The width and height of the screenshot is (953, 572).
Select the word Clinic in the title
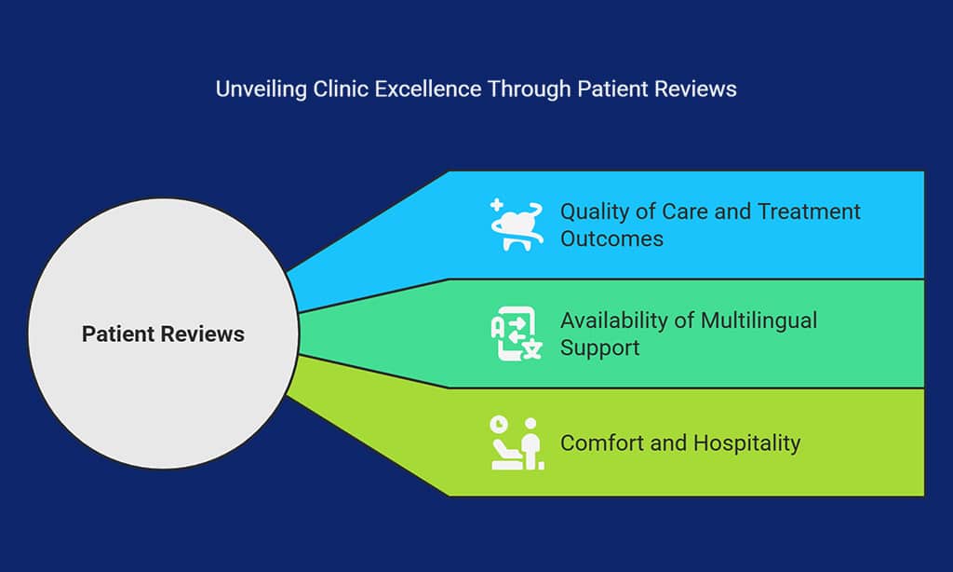pos(342,89)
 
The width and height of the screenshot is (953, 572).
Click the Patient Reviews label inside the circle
pos(163,334)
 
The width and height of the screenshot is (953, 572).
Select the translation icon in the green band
pos(516,334)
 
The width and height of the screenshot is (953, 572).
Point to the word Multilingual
pos(758,320)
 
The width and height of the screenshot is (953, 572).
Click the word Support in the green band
pos(599,347)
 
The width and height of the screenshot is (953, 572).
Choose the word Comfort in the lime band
pos(600,443)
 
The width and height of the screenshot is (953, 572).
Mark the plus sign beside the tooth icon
pos(497,205)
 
